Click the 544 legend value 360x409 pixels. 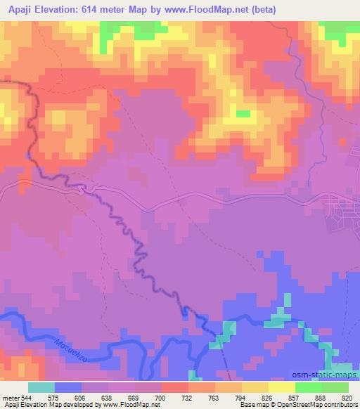tap(25, 397)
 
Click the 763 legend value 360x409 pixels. tap(201, 397)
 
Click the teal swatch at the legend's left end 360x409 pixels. tap(41, 387)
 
